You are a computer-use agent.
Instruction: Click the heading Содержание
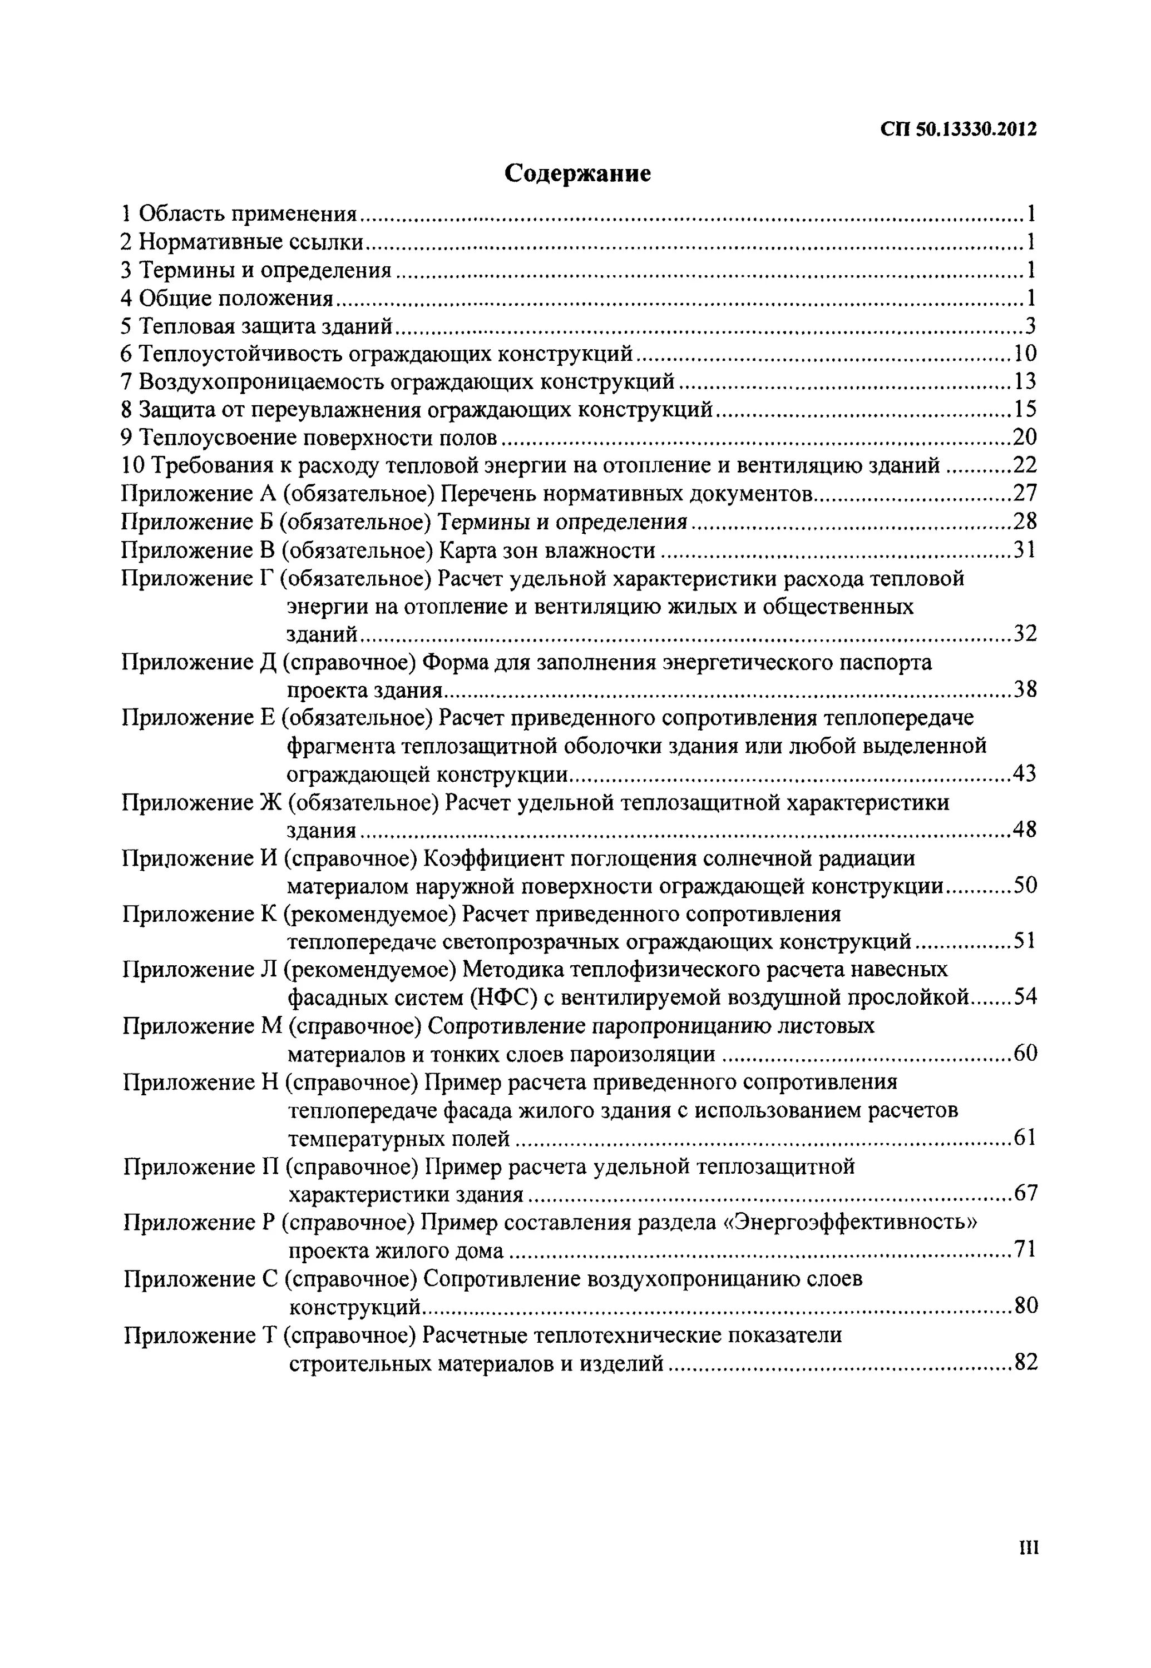[x=577, y=173]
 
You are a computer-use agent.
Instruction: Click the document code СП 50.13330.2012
[x=959, y=130]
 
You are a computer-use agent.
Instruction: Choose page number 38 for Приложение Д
[x=1025, y=690]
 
